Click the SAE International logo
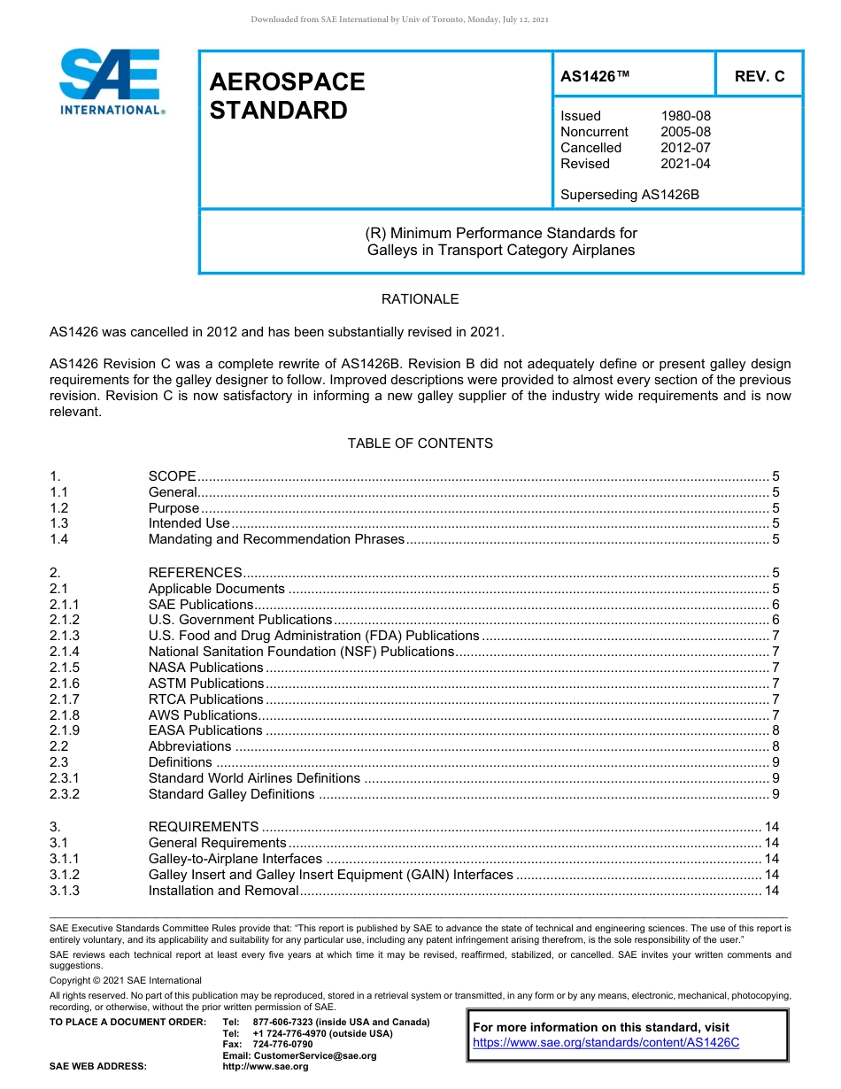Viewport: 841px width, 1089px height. pos(111,82)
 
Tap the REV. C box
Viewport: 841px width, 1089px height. pos(759,77)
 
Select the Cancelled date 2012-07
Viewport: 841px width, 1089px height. pos(685,148)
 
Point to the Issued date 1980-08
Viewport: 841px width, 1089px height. pos(685,116)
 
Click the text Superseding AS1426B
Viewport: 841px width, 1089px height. pos(629,195)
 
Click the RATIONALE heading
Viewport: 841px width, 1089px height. pos(420,299)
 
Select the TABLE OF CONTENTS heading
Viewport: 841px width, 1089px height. pos(420,443)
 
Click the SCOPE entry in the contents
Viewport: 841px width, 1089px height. pos(172,476)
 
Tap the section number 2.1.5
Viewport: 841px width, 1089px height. pos(65,668)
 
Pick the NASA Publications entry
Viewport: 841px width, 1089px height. pos(205,668)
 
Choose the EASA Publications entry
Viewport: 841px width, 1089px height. pos(205,730)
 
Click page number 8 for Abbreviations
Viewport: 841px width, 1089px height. pos(775,746)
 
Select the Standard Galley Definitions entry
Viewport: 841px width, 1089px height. pos(231,794)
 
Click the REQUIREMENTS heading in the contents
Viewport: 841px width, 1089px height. pos(204,827)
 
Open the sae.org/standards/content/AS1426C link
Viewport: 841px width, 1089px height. pos(606,1043)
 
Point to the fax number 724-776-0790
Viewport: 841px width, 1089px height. pos(282,1045)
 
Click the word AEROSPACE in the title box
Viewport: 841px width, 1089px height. pos(287,82)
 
